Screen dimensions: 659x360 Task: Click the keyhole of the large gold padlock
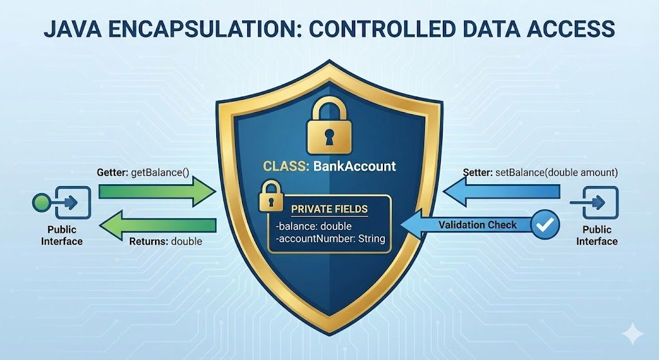tap(329, 137)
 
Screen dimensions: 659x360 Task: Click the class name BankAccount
tap(355, 166)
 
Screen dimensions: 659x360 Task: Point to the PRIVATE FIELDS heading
tap(329, 209)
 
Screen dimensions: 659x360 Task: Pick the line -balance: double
tap(313, 226)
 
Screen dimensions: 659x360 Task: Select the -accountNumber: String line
tap(330, 239)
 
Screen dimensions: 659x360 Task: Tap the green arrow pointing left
tap(158, 225)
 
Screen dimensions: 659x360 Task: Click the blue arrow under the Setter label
tap(501, 192)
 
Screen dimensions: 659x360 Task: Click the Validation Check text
tap(478, 225)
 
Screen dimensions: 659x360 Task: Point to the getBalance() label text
tap(160, 173)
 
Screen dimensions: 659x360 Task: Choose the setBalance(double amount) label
tap(557, 173)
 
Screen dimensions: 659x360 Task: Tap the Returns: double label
tap(165, 242)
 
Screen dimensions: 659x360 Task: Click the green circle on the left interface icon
tap(41, 203)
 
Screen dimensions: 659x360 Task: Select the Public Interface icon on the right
tap(594, 203)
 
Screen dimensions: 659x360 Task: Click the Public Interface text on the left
tap(62, 236)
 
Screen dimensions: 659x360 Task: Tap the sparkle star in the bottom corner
tap(633, 334)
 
